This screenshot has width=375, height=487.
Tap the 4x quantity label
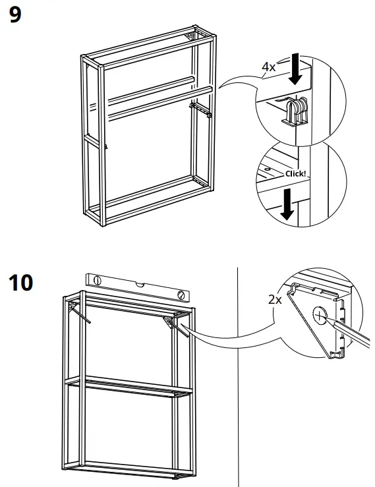pyautogui.click(x=268, y=67)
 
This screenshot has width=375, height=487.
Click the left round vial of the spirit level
pyautogui.click(x=98, y=280)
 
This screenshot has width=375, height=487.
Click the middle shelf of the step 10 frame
pyautogui.click(x=125, y=386)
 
